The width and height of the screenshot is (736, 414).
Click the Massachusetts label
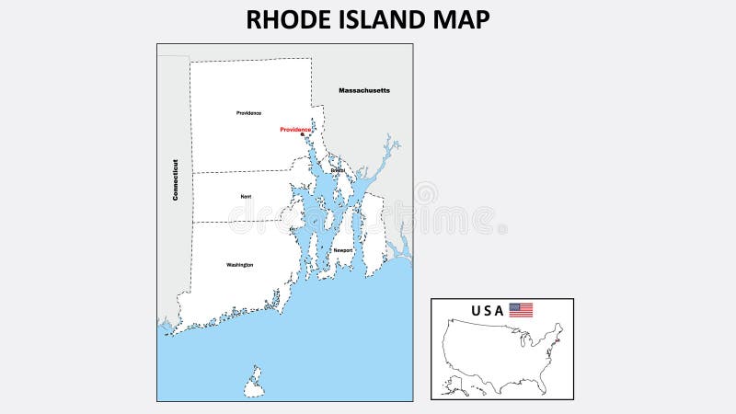[364, 90]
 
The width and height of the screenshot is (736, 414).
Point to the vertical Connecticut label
[174, 179]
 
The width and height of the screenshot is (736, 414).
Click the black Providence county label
[248, 112]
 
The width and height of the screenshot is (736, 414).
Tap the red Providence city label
[295, 130]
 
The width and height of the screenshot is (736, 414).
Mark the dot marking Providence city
[302, 135]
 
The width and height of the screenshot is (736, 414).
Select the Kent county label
[246, 196]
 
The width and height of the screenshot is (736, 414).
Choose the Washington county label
[239, 265]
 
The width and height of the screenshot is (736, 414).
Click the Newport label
[343, 250]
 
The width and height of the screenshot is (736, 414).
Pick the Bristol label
[338, 170]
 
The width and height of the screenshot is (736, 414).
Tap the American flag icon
[522, 310]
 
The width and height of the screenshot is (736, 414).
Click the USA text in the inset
[488, 311]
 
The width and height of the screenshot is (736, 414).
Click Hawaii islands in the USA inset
[478, 388]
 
